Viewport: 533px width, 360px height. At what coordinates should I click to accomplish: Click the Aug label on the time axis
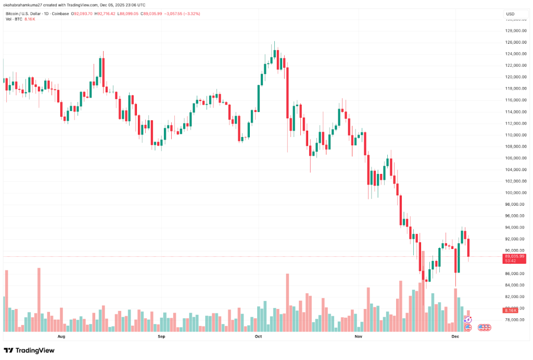pos(61,337)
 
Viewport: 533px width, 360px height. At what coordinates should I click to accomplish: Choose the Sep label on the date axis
pos(161,337)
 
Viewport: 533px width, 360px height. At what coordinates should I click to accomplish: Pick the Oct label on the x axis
pos(258,337)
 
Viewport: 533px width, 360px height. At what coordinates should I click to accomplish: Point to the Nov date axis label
pos(358,337)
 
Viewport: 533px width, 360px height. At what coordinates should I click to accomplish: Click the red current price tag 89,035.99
pos(514,256)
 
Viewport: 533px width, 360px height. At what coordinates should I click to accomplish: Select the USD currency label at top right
pos(510,14)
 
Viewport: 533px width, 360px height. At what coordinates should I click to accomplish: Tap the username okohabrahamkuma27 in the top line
pos(23,5)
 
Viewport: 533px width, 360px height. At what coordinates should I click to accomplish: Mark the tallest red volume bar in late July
pos(39,300)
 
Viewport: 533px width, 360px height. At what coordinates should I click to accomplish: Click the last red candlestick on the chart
pos(469,247)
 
